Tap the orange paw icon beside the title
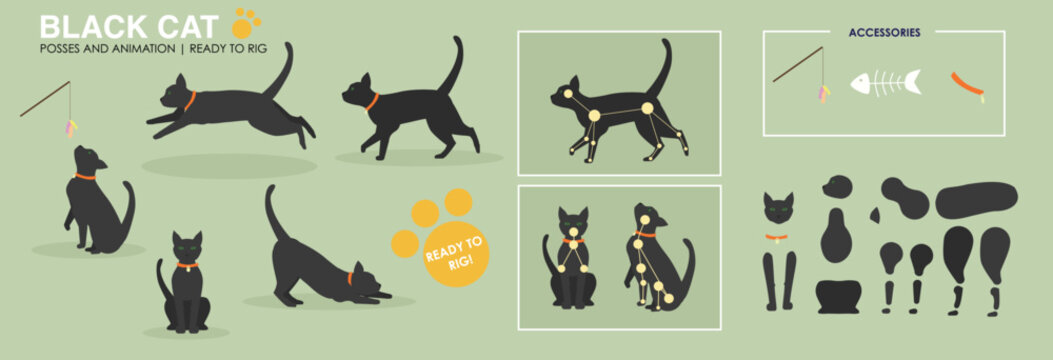point(246,22)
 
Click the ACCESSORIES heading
point(884,32)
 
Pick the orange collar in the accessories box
point(967,86)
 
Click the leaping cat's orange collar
point(190,100)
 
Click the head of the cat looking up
point(88,160)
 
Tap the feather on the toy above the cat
point(71,128)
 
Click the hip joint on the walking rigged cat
point(646,108)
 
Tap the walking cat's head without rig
point(358,92)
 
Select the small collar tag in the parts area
point(777,237)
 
